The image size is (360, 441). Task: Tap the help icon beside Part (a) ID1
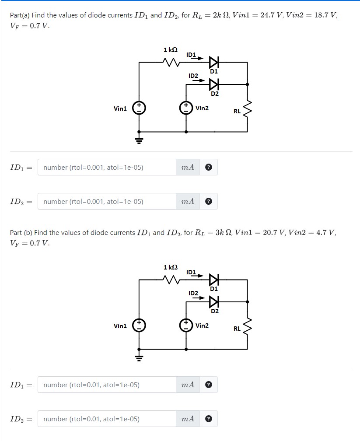click(209, 167)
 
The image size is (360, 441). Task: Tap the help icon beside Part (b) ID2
click(209, 419)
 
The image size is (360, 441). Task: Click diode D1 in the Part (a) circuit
click(213, 62)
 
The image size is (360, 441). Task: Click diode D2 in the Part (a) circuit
click(213, 84)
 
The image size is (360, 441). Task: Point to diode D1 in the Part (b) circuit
click(213, 280)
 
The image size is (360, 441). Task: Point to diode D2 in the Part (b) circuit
click(213, 301)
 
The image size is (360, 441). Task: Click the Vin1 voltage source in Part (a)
click(139, 108)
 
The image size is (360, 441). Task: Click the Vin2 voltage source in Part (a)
click(186, 108)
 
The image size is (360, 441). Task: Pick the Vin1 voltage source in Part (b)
click(139, 325)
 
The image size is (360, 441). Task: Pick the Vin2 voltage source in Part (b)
click(186, 325)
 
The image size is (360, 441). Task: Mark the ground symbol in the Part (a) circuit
click(139, 140)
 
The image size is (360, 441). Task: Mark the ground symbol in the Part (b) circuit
click(139, 357)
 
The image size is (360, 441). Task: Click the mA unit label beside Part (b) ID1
click(188, 385)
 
